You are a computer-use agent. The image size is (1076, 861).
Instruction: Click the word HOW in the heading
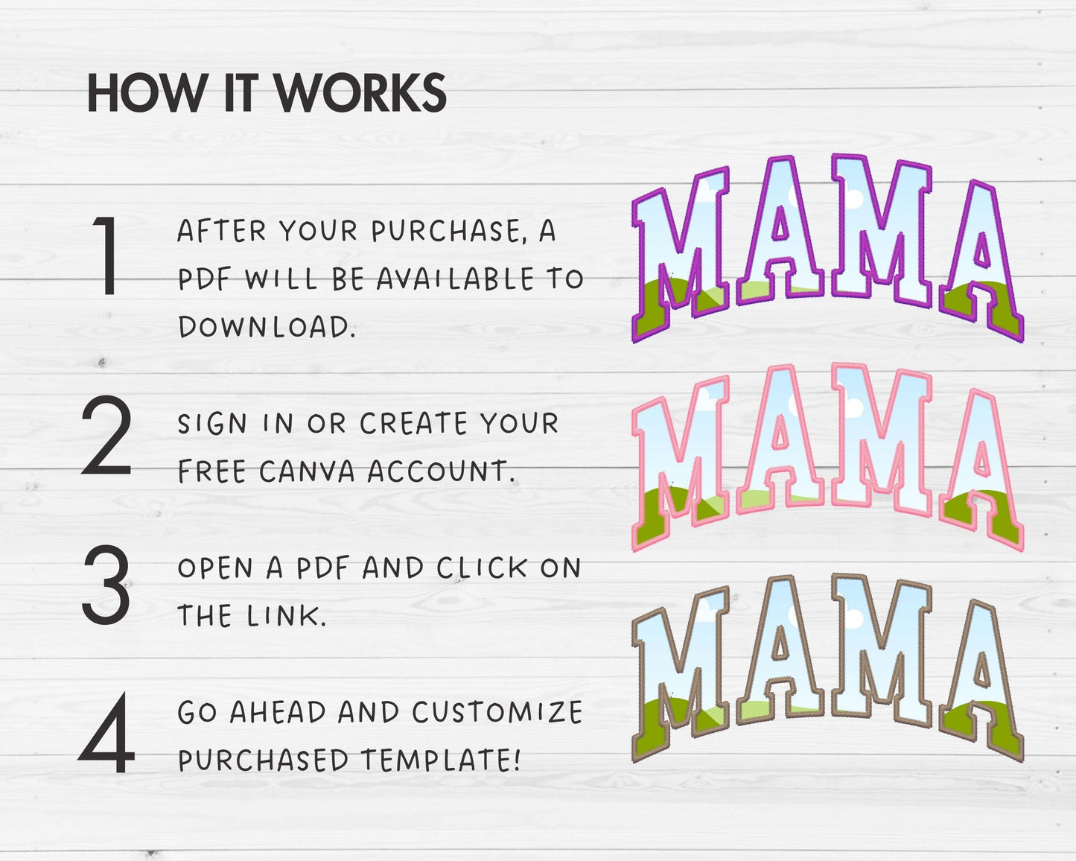(x=147, y=93)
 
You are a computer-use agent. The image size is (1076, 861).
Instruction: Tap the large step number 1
(x=106, y=255)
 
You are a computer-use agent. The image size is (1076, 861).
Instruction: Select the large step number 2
(x=106, y=434)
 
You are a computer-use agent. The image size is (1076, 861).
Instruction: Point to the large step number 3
(x=106, y=585)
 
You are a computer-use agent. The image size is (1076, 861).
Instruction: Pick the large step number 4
(x=106, y=733)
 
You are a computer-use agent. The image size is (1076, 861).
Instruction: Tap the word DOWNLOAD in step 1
(x=267, y=327)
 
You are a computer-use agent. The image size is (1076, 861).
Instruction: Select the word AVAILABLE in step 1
(x=455, y=279)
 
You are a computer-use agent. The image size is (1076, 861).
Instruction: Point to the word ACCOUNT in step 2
(x=440, y=471)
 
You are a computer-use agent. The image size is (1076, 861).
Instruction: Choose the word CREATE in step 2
(x=414, y=423)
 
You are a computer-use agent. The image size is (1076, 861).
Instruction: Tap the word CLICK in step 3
(x=482, y=568)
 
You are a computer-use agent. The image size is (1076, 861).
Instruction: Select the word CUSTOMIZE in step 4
(x=497, y=712)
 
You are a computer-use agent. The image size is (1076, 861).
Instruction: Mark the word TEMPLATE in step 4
(x=441, y=760)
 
